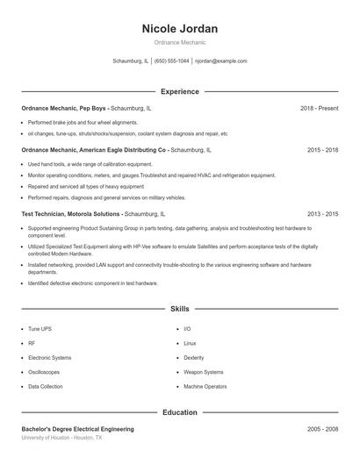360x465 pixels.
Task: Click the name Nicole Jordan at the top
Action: [x=180, y=29]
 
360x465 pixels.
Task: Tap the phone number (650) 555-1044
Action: [x=172, y=61]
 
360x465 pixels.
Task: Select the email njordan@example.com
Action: [x=220, y=61]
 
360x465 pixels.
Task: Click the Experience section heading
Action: [x=180, y=91]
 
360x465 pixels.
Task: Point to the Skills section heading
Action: [x=180, y=309]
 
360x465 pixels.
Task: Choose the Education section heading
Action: [x=180, y=411]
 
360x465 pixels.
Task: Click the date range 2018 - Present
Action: [x=319, y=108]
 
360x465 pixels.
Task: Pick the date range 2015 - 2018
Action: [x=322, y=150]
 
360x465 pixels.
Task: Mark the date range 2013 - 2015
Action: [x=322, y=213]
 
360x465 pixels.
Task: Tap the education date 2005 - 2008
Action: [x=322, y=429]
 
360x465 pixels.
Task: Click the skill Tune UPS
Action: [x=40, y=329]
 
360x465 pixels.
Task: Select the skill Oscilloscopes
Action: [x=45, y=372]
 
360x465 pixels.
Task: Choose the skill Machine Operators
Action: [x=205, y=386]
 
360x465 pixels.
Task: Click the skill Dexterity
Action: [x=194, y=358]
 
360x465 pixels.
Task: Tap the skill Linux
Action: [x=190, y=343]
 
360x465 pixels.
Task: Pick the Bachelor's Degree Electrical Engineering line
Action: [x=77, y=429]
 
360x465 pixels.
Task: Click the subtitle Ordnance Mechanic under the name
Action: [x=180, y=42]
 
